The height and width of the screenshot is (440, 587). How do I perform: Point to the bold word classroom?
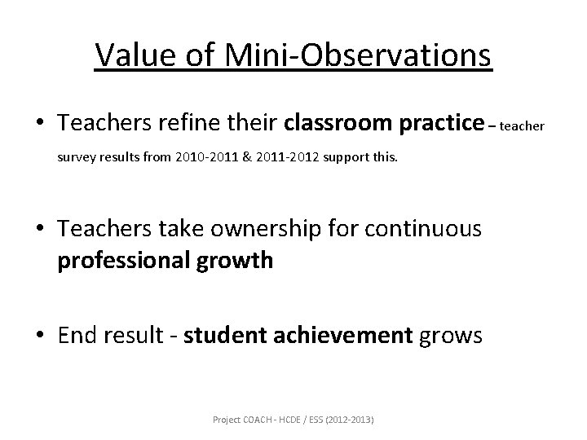pyautogui.click(x=336, y=123)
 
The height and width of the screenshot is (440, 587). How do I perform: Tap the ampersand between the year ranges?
pyautogui.click(x=235, y=156)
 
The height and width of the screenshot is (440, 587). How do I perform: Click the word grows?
pyautogui.click(x=452, y=335)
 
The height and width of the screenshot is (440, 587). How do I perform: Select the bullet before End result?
pyautogui.click(x=40, y=336)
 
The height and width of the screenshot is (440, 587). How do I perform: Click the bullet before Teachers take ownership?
pyautogui.click(x=40, y=230)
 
